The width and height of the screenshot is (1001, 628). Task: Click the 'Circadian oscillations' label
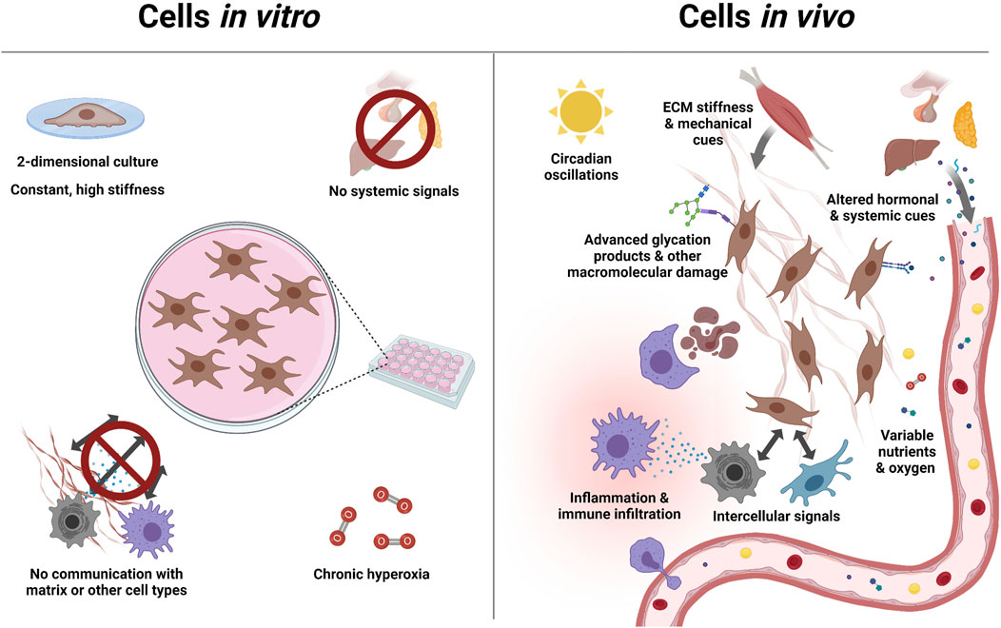578,167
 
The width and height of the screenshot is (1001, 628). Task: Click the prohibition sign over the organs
388,134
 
